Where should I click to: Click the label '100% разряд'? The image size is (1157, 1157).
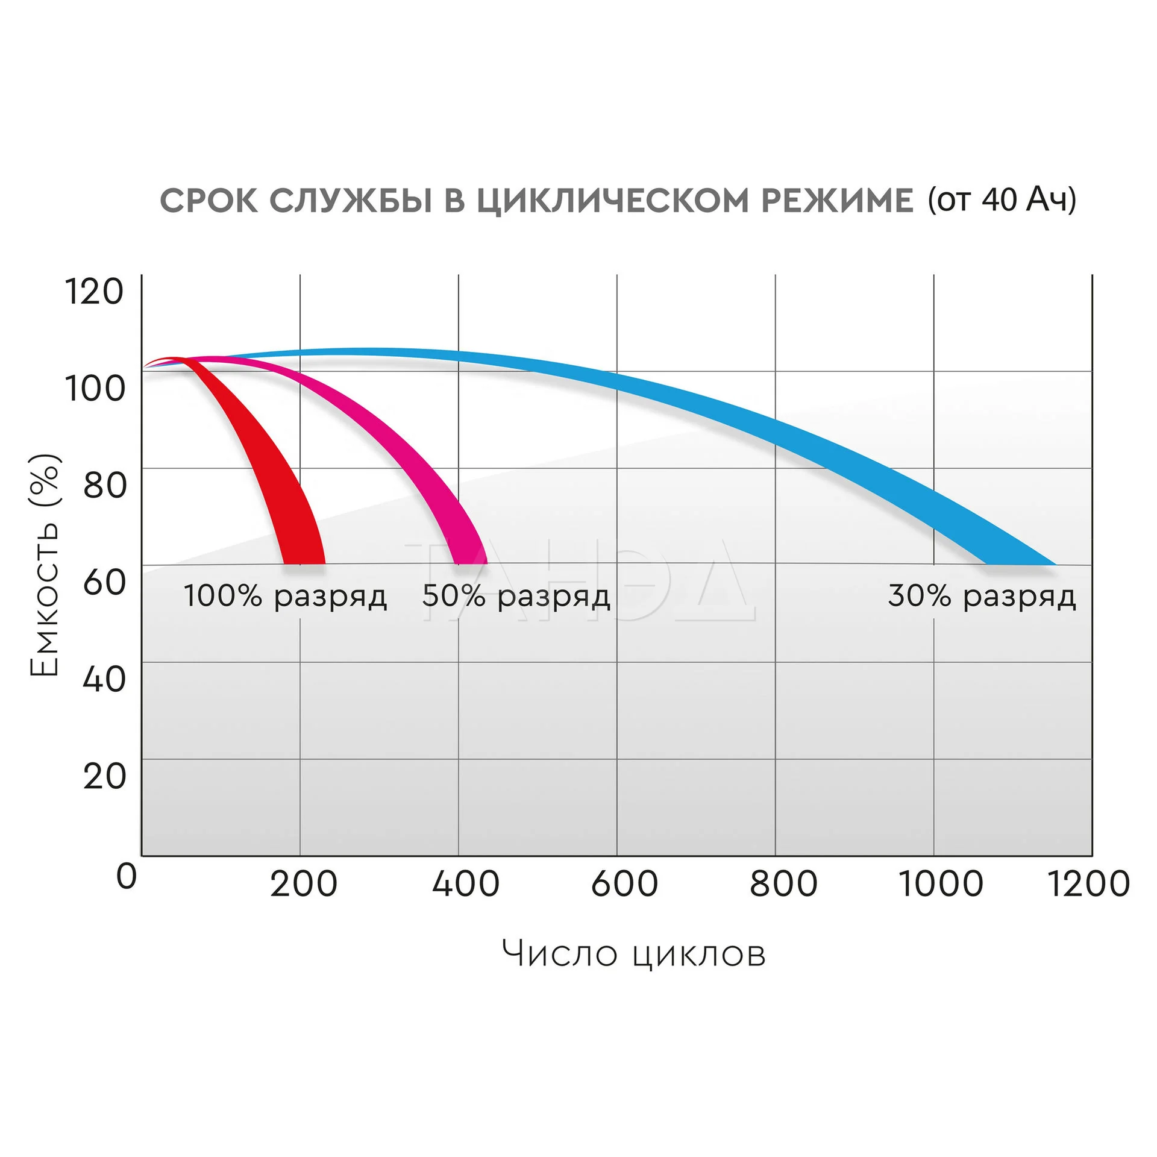pos(285,596)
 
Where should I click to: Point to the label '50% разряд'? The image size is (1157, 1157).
pos(516,596)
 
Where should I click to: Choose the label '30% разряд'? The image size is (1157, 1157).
pos(982,596)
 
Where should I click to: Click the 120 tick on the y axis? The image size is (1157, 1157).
pos(94,292)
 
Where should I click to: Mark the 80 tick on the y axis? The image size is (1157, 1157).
pos(105,485)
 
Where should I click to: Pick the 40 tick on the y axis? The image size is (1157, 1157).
pos(104,679)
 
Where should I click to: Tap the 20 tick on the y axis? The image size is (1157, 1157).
pos(104,776)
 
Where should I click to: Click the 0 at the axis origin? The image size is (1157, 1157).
pos(127,877)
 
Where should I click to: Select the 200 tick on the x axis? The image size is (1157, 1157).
pos(303,885)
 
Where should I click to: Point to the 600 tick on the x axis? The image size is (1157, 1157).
pos(624,885)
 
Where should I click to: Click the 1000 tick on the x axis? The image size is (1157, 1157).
pos(941,885)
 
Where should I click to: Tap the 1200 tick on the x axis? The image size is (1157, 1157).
pos(1089,885)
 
